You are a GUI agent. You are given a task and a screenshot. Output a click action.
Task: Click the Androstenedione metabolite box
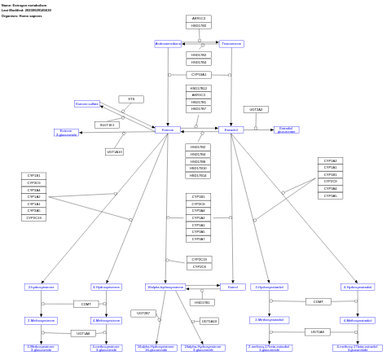[x=168, y=44]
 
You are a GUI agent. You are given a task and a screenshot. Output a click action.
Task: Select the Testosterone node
[x=231, y=44]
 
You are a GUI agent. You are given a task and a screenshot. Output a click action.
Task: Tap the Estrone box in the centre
[x=168, y=130]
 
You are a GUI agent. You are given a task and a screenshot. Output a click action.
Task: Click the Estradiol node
[x=231, y=130]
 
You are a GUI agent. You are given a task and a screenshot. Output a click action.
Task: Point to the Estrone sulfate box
[x=87, y=104]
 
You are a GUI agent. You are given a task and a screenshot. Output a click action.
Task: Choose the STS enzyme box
[x=131, y=99]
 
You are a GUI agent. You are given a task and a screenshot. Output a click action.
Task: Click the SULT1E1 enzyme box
[x=107, y=125]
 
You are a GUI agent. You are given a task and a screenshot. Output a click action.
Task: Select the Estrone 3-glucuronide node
[x=67, y=132]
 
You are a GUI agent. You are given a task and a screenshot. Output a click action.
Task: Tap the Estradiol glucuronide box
[x=286, y=130]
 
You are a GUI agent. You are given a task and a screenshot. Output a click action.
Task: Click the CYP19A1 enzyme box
[x=199, y=75]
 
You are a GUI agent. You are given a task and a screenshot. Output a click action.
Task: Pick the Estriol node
[x=232, y=287]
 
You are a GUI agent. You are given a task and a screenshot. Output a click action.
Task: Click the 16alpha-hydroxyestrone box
[x=165, y=287]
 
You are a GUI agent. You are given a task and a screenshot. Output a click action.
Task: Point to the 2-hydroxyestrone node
[x=41, y=287]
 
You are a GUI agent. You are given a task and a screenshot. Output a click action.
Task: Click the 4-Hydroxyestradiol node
[x=358, y=287]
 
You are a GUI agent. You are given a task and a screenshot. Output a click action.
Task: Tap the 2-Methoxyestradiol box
[x=269, y=320]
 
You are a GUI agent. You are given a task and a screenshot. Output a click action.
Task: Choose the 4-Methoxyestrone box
[x=106, y=320]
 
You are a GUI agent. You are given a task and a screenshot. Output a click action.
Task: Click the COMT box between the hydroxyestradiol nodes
[x=319, y=301]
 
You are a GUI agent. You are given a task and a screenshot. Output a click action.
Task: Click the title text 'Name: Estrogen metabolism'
[x=24, y=5]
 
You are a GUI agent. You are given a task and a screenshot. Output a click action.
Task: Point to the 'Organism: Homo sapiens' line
[x=21, y=15]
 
